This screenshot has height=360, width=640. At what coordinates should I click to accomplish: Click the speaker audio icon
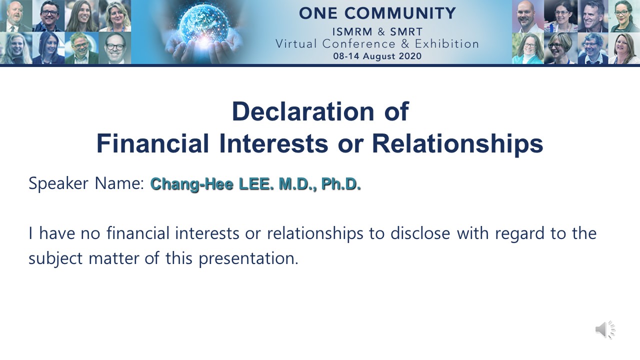pyautogui.click(x=605, y=329)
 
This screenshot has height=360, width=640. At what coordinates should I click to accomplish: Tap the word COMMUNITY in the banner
pyautogui.click(x=400, y=13)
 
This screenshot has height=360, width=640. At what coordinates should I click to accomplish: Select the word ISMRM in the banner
pyautogui.click(x=352, y=31)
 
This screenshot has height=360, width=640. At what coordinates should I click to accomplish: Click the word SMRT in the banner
pyautogui.click(x=406, y=31)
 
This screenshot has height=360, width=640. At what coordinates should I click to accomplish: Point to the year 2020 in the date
pyautogui.click(x=410, y=56)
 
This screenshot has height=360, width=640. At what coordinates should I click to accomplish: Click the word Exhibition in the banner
pyautogui.click(x=447, y=44)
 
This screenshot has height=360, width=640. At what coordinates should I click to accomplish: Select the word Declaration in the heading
pyautogui.click(x=303, y=111)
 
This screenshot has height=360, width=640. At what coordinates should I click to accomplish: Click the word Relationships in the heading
pyautogui.click(x=457, y=143)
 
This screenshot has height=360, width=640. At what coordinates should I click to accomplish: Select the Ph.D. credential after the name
pyautogui.click(x=341, y=183)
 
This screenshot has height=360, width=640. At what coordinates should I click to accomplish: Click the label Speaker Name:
pyautogui.click(x=86, y=183)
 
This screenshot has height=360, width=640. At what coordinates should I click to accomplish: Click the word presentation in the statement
pyautogui.click(x=248, y=258)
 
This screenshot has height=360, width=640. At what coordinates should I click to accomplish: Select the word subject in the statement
pyautogui.click(x=55, y=258)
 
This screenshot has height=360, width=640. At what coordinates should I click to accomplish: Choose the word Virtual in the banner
pyautogui.click(x=296, y=44)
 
